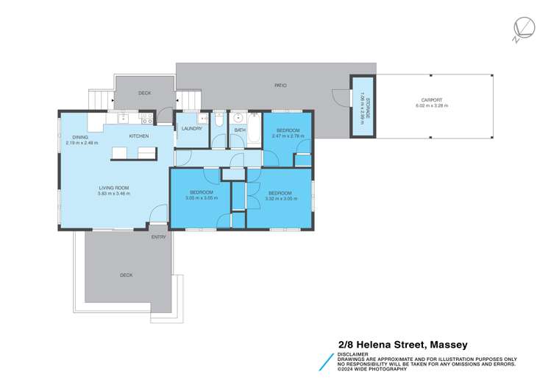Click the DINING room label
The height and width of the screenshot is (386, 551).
click(80, 137)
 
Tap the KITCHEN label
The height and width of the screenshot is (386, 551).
click(139, 136)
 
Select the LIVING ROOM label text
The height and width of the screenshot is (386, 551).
click(114, 188)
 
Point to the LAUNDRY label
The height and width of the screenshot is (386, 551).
click(192, 129)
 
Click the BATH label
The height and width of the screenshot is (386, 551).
click(240, 130)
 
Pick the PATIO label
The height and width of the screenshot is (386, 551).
click(280, 85)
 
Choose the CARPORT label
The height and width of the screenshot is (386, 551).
click(432, 100)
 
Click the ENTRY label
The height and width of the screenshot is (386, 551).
click(159, 236)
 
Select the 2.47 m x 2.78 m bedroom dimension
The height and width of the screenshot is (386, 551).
click(287, 136)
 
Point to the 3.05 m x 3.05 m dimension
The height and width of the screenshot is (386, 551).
click(201, 198)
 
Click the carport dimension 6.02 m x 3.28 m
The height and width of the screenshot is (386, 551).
click(432, 106)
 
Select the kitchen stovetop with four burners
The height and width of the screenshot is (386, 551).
click(146, 118)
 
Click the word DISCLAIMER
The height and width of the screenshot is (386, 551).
click(352, 354)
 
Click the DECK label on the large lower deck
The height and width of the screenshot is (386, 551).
click(127, 275)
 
